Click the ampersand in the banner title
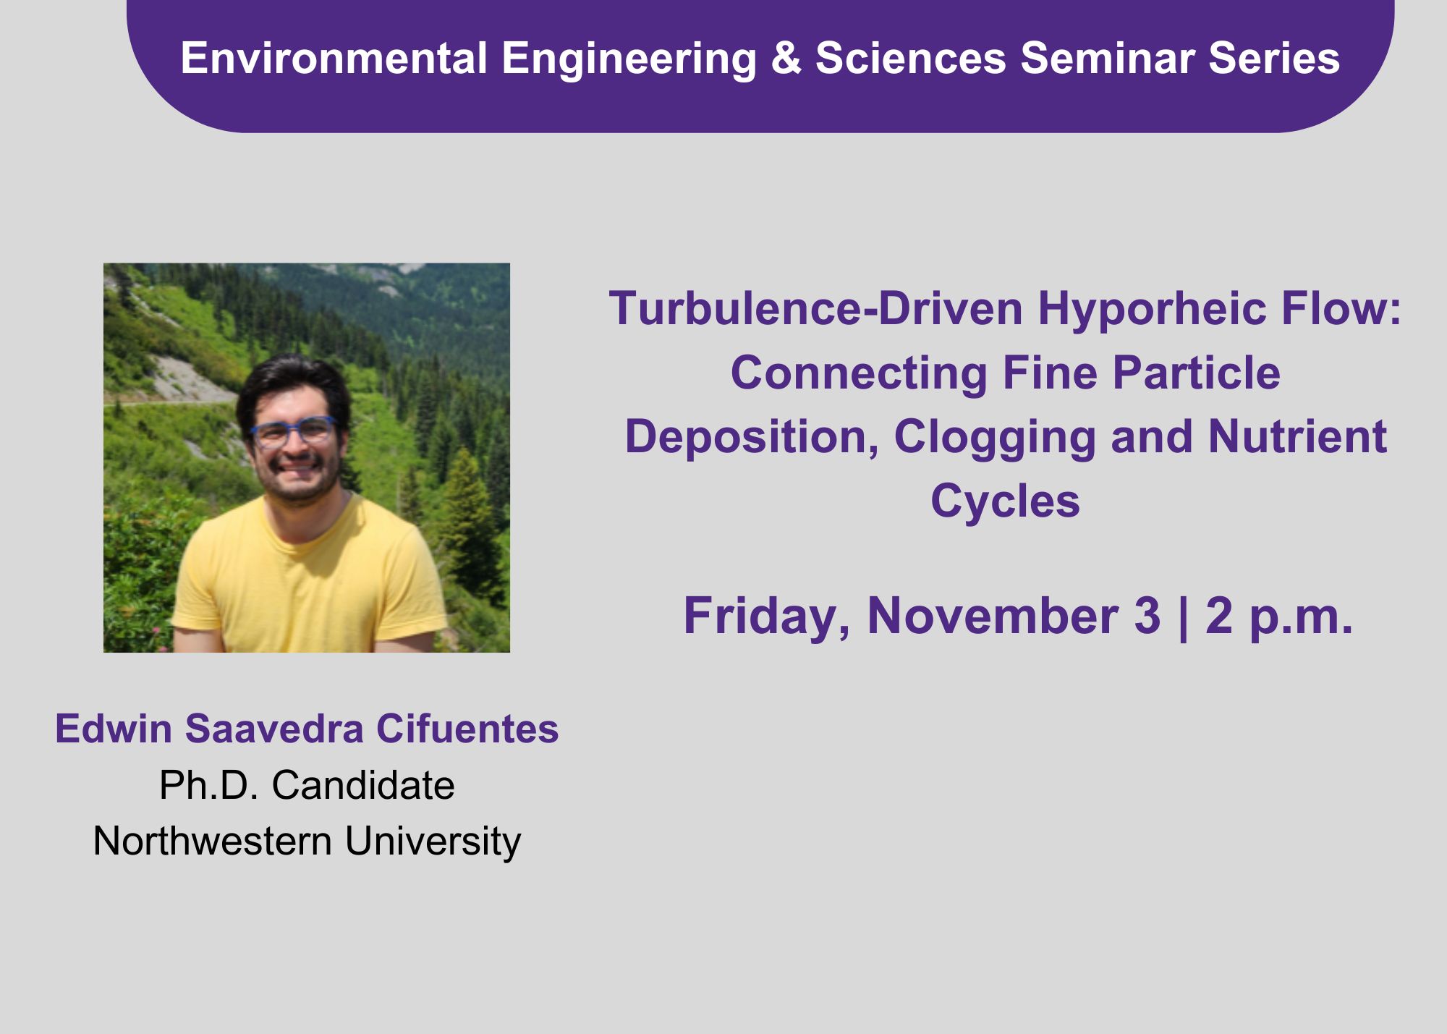point(786,58)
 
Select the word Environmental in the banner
point(334,58)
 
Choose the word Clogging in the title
point(995,438)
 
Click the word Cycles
point(1005,501)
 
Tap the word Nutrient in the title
point(1297,437)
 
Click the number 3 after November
point(1147,616)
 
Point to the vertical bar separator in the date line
point(1184,617)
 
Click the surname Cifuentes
point(467,729)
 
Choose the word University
point(433,842)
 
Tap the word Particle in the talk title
point(1196,373)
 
